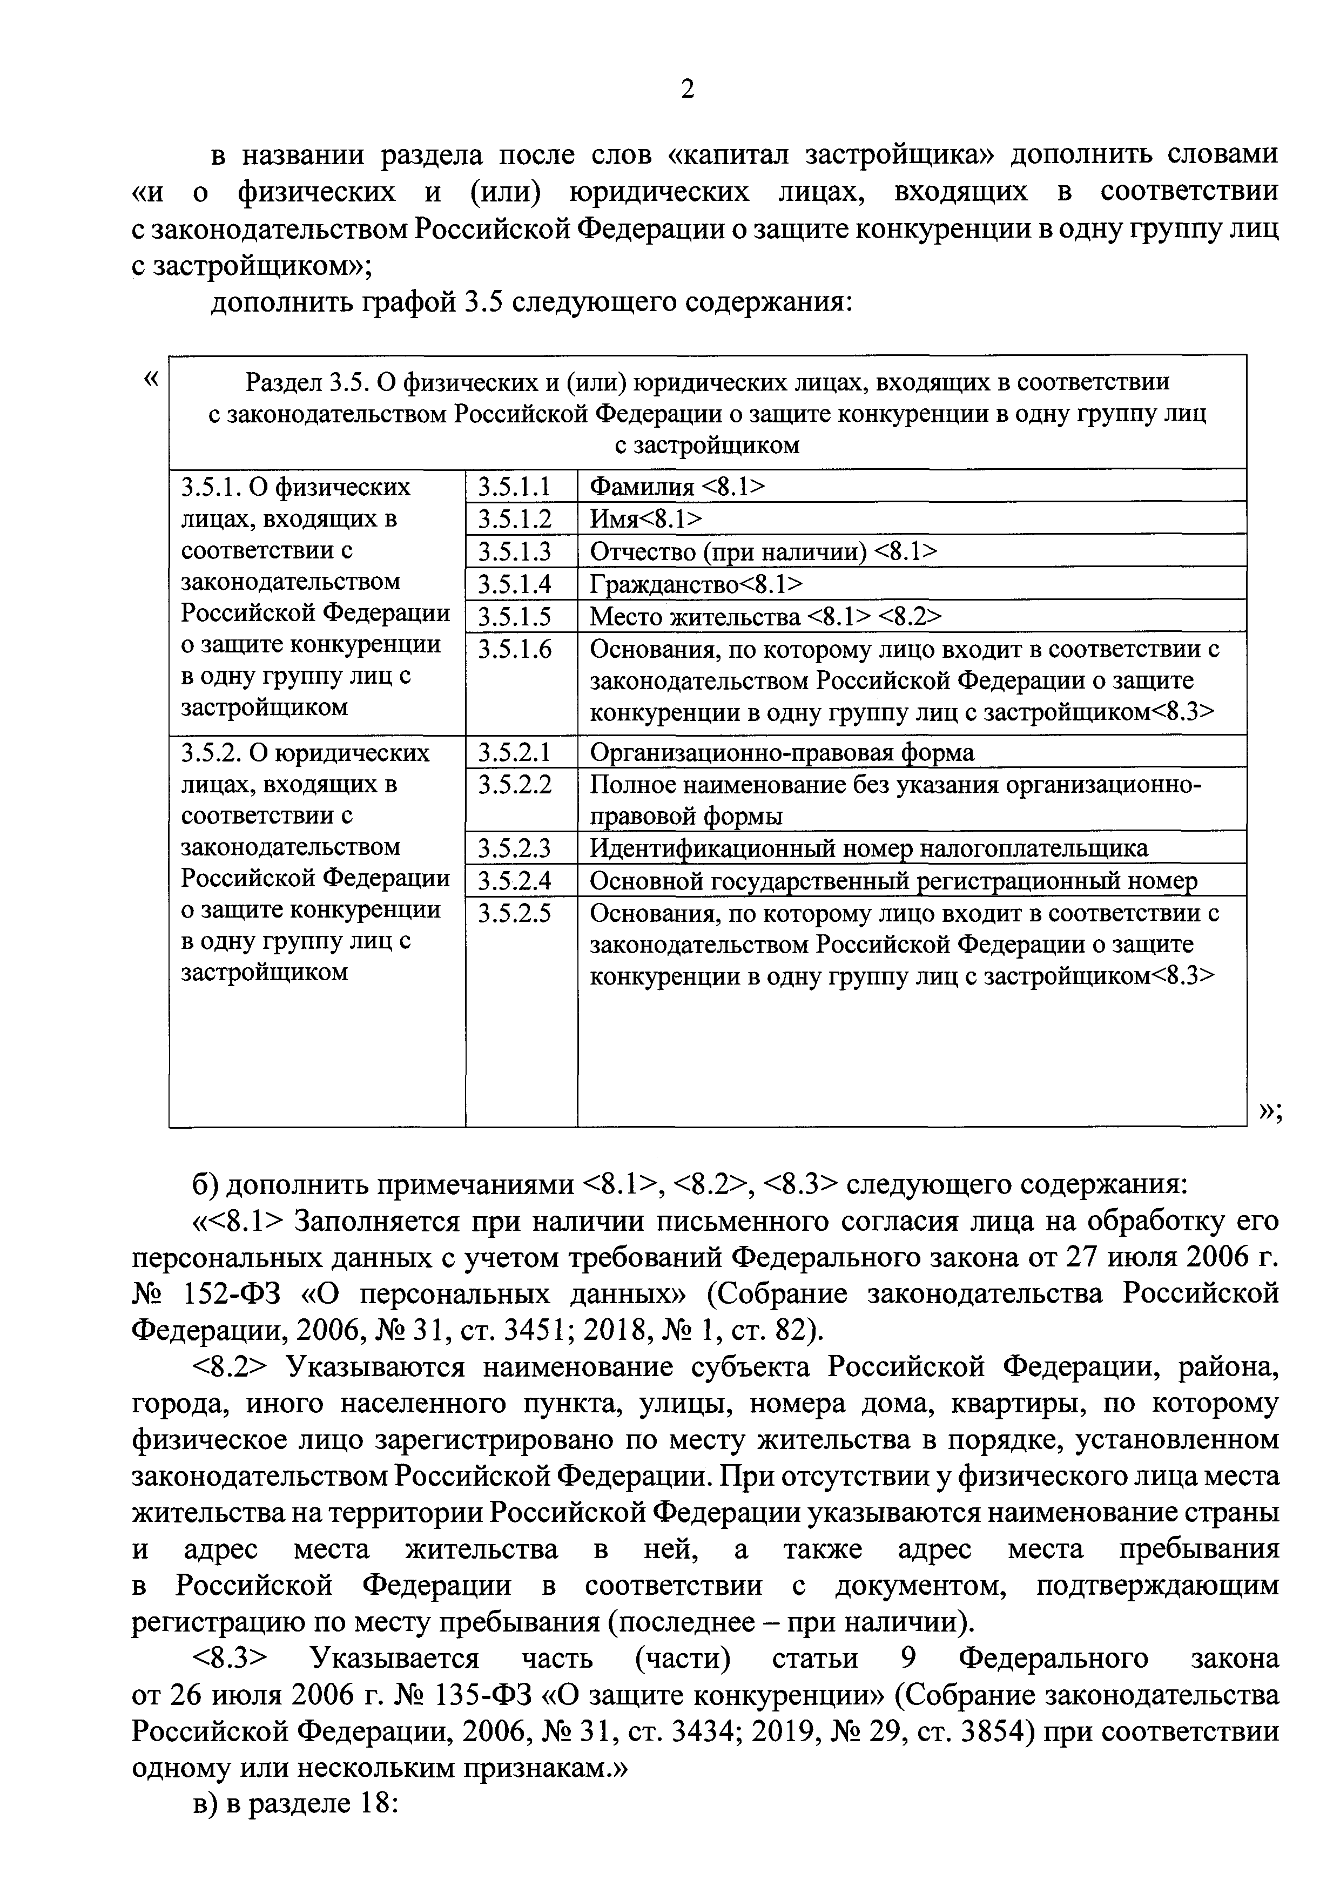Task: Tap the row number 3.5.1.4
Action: pyautogui.click(x=514, y=585)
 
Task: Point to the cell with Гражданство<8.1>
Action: pyautogui.click(x=696, y=585)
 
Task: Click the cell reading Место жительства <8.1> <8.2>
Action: pyautogui.click(x=765, y=617)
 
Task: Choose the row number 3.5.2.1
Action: pyautogui.click(x=514, y=752)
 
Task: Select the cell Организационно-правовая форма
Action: pyautogui.click(x=782, y=752)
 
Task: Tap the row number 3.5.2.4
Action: pyautogui.click(x=514, y=881)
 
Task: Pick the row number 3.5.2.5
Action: pyautogui.click(x=514, y=913)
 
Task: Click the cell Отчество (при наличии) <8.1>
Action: pyautogui.click(x=763, y=552)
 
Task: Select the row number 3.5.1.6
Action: pyautogui.click(x=514, y=650)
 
